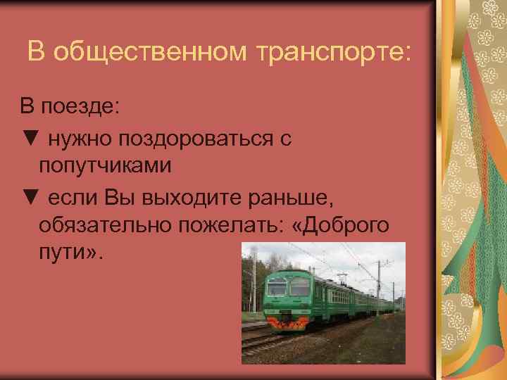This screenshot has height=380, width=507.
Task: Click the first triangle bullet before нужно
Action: point(29,139)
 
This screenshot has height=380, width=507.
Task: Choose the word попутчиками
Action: point(106,167)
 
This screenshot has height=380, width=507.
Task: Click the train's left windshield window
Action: point(277,288)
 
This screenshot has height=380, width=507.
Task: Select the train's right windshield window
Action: point(300,287)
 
